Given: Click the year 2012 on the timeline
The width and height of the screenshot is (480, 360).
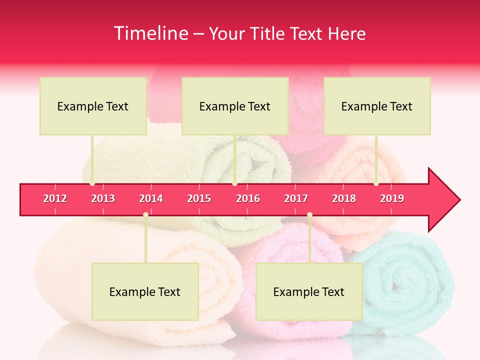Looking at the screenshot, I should tap(55, 198).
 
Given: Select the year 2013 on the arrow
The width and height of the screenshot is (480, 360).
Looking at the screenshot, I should tap(103, 198).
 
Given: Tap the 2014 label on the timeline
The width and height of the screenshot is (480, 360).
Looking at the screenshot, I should tap(151, 198).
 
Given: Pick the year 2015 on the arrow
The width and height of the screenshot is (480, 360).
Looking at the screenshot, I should tap(199, 198).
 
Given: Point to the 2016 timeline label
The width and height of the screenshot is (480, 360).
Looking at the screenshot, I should tap(248, 198).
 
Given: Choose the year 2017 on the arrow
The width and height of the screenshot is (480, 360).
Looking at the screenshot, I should tap(296, 198).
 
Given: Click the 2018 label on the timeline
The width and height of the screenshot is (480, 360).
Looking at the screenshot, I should tap(344, 198).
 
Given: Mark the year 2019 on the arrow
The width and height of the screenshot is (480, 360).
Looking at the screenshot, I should tap(392, 198).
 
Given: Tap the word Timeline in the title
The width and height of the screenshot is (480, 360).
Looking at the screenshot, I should tap(150, 33).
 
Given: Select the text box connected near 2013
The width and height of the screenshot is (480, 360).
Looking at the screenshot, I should tap(93, 106).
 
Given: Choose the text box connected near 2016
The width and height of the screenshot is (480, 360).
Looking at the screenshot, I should tap(235, 106).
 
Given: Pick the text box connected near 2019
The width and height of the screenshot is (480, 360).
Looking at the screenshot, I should tap(377, 106).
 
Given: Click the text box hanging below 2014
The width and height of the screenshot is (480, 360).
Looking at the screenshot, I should tap(145, 291).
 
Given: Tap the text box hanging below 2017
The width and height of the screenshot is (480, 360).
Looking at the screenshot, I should tap(309, 291).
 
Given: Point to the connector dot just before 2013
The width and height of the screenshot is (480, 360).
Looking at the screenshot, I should tap(92, 183).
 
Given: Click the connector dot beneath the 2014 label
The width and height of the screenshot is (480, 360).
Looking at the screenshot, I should tap(145, 214).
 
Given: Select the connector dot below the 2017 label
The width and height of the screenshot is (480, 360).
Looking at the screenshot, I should tap(309, 214).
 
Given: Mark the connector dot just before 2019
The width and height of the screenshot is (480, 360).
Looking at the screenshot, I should tap(376, 183).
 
